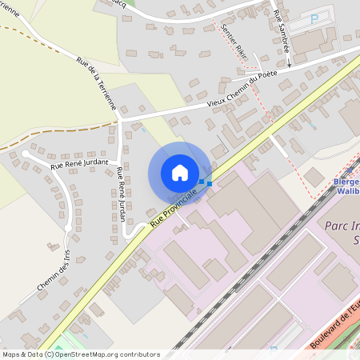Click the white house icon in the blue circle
pos(180,173)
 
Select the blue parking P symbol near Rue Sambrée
pos(314,18)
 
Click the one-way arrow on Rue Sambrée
pos(287,60)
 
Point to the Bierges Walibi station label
pos(344,186)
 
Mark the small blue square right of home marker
pos(210,184)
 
